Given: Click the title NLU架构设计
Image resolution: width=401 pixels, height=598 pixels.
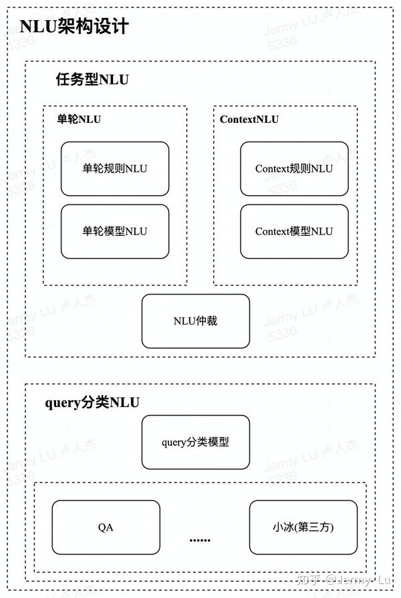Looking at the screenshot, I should pyautogui.click(x=74, y=27).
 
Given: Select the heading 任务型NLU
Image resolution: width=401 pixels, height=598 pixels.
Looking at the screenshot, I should pyautogui.click(x=92, y=80).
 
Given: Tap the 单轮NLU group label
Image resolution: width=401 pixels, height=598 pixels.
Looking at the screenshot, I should pyautogui.click(x=79, y=120).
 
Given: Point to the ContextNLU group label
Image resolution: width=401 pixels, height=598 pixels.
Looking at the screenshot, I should pyautogui.click(x=249, y=120).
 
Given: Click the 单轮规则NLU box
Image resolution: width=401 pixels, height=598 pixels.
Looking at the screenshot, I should pyautogui.click(x=115, y=168).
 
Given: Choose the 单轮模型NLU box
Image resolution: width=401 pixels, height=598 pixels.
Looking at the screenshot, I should pyautogui.click(x=115, y=231).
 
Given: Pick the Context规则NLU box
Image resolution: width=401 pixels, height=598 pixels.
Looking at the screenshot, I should pyautogui.click(x=294, y=168).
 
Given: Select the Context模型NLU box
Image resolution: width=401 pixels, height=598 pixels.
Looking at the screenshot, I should pyautogui.click(x=294, y=231).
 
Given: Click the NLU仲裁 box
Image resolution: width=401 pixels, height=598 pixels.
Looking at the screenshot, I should pyautogui.click(x=195, y=321).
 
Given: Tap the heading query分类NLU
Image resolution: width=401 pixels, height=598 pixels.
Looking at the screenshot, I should pyautogui.click(x=92, y=402).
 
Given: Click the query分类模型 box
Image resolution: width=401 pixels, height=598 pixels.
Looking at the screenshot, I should pyautogui.click(x=195, y=442).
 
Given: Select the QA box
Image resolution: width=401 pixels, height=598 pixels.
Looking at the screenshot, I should pyautogui.click(x=106, y=527).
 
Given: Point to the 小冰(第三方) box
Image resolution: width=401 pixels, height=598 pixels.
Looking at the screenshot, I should pyautogui.click(x=303, y=527).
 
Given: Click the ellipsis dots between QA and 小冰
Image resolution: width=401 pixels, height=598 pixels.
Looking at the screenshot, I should pyautogui.click(x=200, y=540).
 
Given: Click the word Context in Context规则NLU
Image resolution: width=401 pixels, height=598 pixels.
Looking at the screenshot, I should pyautogui.click(x=272, y=168).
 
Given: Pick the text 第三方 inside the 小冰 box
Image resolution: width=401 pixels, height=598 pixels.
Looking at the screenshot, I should pyautogui.click(x=317, y=527).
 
